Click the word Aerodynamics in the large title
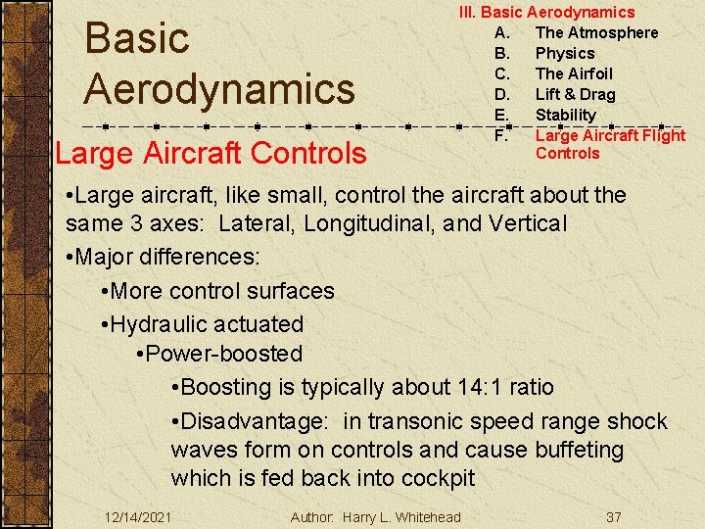tap(219, 89)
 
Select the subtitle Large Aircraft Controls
tap(211, 154)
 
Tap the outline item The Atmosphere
tap(596, 32)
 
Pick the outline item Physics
tap(565, 53)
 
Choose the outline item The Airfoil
tap(574, 73)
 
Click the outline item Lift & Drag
tap(575, 94)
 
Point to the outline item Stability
tap(565, 115)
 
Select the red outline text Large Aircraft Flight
tap(610, 135)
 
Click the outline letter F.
tap(500, 135)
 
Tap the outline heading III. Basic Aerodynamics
tap(547, 12)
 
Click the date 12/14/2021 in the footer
tap(139, 516)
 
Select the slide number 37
tap(614, 516)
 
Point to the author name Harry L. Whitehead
tap(401, 516)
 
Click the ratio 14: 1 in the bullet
tap(480, 387)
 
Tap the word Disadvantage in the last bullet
tap(251, 421)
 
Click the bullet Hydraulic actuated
tap(207, 323)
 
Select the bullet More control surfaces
tap(222, 291)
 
